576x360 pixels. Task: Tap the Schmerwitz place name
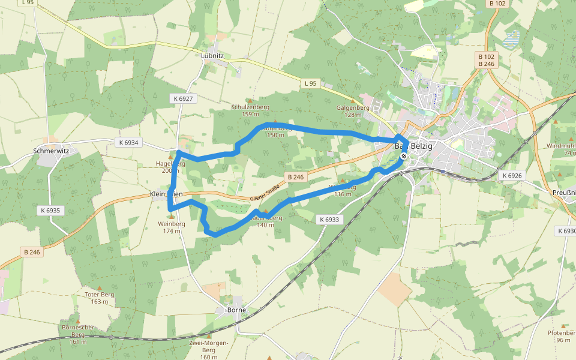tap(51, 151)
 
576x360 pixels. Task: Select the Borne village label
tap(237, 310)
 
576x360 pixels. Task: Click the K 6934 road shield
tap(128, 142)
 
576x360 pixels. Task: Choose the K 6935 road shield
tap(50, 211)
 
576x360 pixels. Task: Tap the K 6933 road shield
tap(329, 220)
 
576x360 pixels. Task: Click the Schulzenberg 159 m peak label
tap(250, 110)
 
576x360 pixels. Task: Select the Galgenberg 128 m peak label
tap(349, 110)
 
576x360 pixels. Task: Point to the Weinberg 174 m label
tap(171, 227)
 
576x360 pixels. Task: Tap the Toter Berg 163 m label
tap(100, 298)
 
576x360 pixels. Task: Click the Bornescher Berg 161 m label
tap(78, 334)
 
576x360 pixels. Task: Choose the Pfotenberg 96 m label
tap(560, 336)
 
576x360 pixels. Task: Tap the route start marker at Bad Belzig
tap(404, 157)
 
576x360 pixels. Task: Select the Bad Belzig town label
tap(413, 146)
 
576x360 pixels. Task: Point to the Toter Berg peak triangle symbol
tap(100, 289)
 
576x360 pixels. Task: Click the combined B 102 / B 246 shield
tap(486, 59)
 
